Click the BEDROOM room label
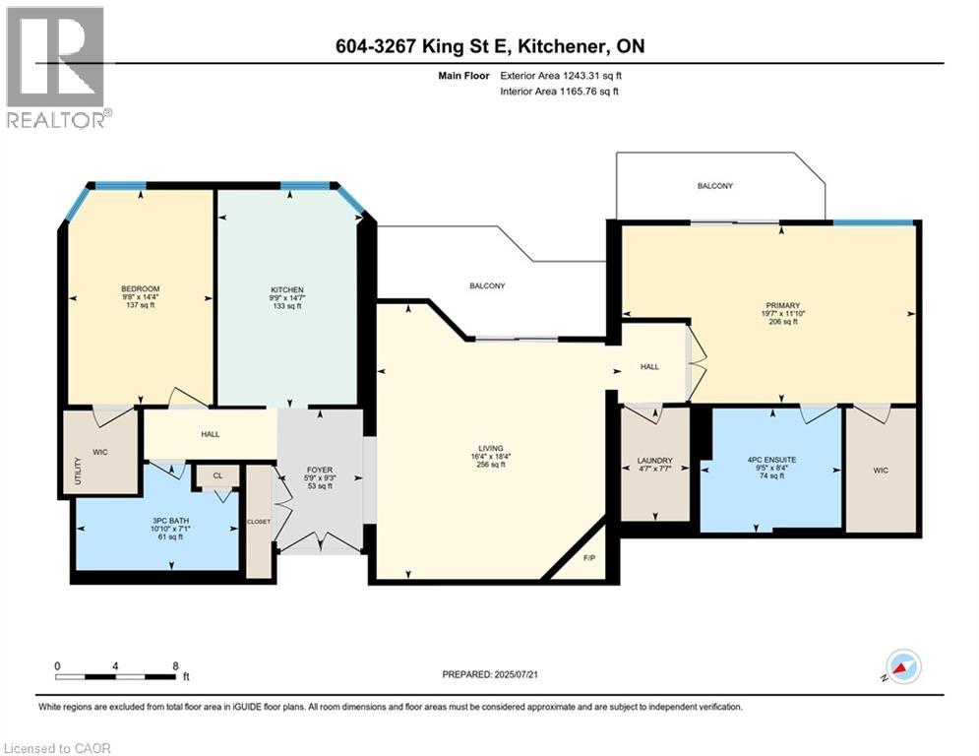(141, 288)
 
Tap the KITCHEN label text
(287, 290)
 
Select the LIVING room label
(491, 448)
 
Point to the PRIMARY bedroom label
(783, 305)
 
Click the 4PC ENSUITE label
(771, 460)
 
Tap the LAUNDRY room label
(655, 461)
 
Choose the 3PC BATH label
(170, 521)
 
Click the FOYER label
(320, 470)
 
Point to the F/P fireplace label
(589, 558)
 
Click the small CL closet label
(217, 476)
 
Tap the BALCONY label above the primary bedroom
(715, 186)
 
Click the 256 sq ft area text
(491, 465)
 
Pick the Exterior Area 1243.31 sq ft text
(561, 76)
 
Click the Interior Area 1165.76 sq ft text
(560, 92)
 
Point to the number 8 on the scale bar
(175, 666)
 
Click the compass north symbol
(903, 667)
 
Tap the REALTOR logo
(56, 68)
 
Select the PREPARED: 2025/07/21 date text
(490, 674)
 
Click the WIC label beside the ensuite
(881, 471)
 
